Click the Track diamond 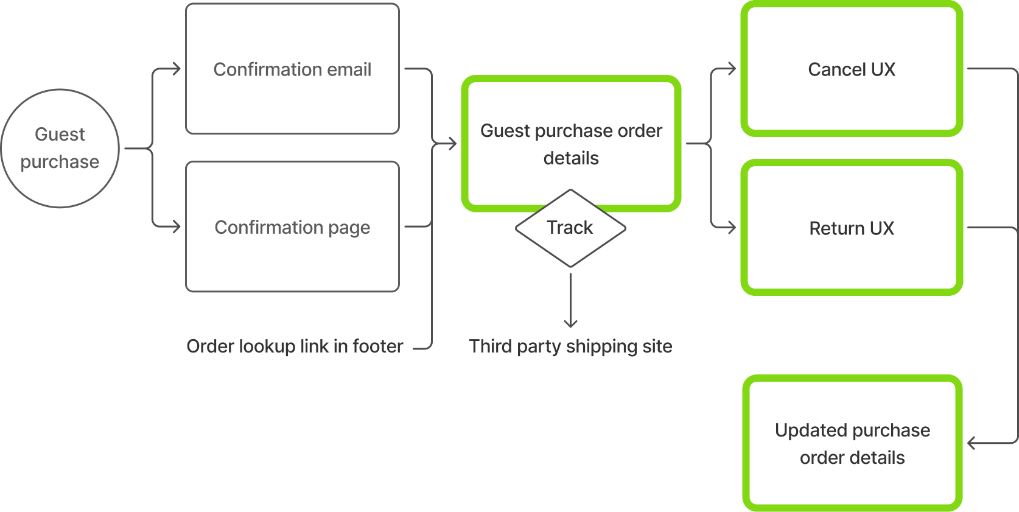pos(570,228)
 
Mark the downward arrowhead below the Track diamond pos(570,325)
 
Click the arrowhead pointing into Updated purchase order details pos(970,443)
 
